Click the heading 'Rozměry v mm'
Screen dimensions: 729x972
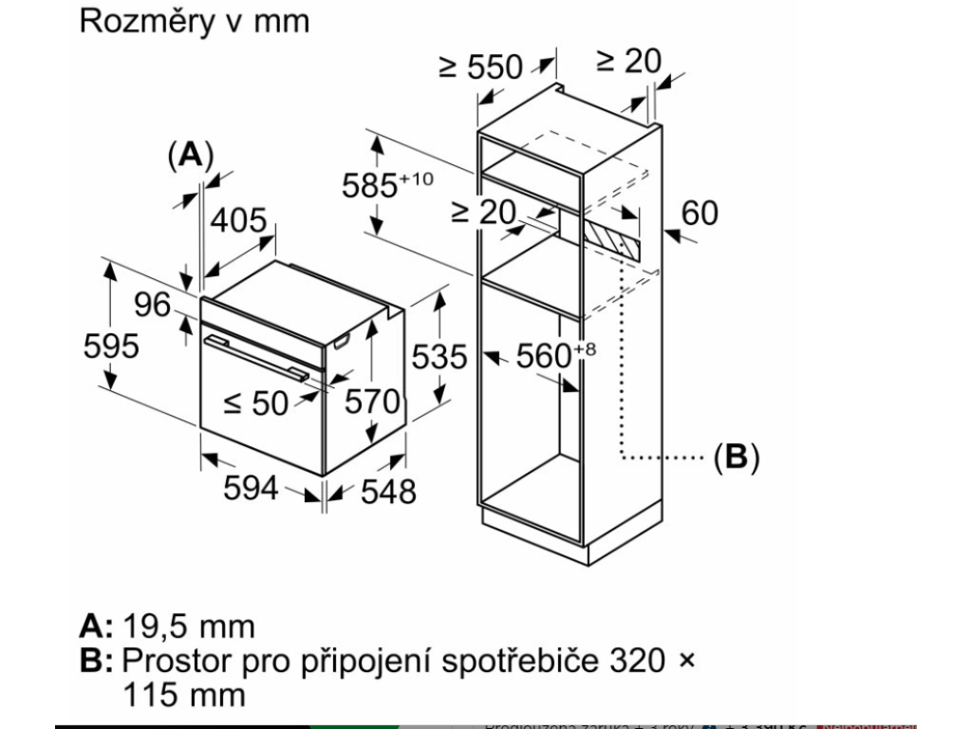(195, 22)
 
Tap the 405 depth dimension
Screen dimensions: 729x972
(237, 220)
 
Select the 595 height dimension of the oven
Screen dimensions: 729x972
(111, 346)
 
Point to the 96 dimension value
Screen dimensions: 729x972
(152, 306)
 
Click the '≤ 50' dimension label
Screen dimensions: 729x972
(255, 403)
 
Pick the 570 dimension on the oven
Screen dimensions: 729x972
(371, 402)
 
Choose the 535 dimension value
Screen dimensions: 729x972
(439, 356)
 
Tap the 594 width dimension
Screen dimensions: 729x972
(251, 488)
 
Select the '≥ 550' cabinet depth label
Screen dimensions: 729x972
(481, 65)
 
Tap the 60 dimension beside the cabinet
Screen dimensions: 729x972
(700, 213)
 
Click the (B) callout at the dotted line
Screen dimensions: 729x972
(737, 458)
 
